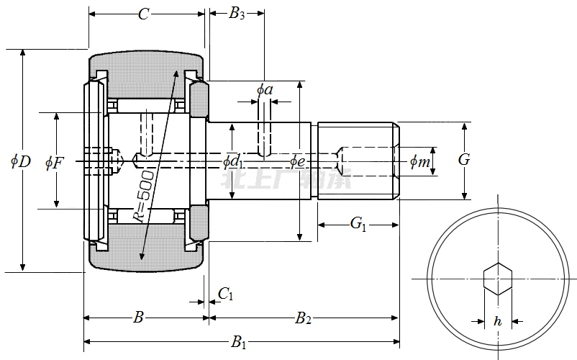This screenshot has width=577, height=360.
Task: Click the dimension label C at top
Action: click(x=143, y=14)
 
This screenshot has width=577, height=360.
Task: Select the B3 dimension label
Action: click(x=237, y=14)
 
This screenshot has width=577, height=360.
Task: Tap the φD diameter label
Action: click(x=21, y=161)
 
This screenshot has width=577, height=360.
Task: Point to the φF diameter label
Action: click(x=55, y=162)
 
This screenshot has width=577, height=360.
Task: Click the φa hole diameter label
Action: click(x=264, y=89)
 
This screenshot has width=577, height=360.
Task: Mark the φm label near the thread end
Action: click(x=420, y=162)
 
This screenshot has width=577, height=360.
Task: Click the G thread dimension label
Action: click(x=464, y=160)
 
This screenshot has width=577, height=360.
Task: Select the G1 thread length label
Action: click(x=358, y=225)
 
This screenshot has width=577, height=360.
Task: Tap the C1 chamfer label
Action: click(x=225, y=293)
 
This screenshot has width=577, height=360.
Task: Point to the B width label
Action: click(x=140, y=317)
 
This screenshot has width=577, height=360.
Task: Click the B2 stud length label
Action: click(x=304, y=317)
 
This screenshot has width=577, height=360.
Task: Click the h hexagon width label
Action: click(x=497, y=322)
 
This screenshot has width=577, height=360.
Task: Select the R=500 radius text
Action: click(x=143, y=195)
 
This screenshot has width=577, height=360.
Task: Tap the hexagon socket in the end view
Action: click(x=497, y=279)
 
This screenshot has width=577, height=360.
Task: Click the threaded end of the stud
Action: click(x=358, y=161)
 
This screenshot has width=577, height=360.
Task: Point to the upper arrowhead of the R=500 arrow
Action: click(x=176, y=73)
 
